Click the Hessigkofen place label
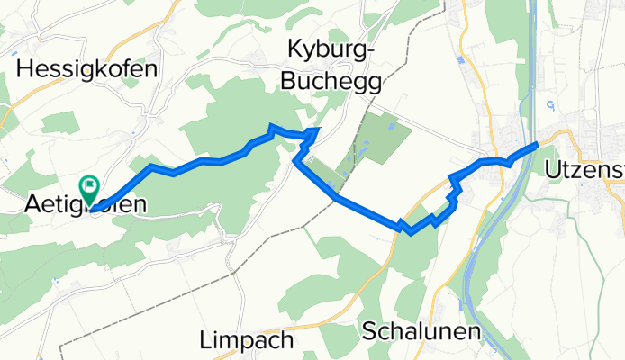point(87,68)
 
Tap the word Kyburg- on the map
point(330,50)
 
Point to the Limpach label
point(245,341)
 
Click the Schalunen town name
point(421,330)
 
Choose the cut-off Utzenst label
point(584,169)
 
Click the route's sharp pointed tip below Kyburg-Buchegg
point(317,130)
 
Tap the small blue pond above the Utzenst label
point(551,106)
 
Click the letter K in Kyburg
point(294,50)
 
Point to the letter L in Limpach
point(204,341)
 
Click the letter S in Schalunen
point(370,330)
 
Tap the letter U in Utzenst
point(553,169)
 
